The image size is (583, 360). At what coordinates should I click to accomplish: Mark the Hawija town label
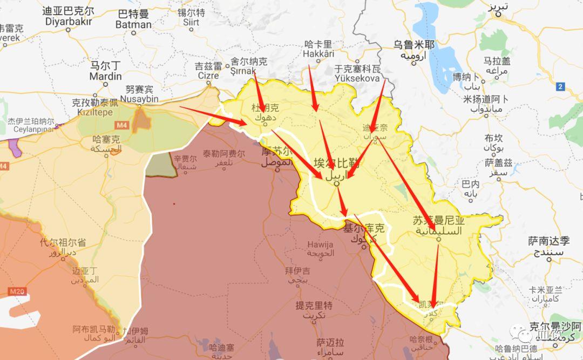320,244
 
